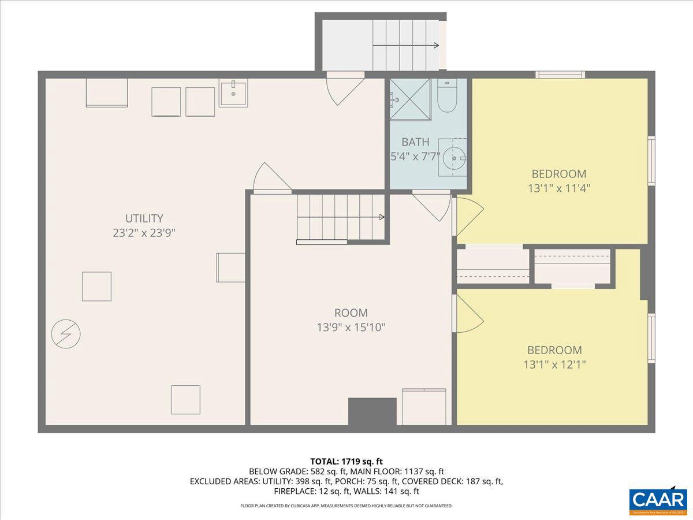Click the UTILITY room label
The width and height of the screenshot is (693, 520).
pos(144,218)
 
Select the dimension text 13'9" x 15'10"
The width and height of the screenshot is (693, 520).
pos(351,328)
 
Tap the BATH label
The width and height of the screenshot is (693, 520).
pos(415,142)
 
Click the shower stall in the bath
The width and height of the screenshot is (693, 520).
pos(410,99)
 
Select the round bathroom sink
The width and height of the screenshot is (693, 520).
pos(454,157)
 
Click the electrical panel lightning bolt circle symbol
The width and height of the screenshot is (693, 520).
pos(65,333)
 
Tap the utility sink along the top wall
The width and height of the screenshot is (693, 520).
pos(233,94)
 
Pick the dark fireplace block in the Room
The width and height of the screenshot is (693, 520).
pos(372,411)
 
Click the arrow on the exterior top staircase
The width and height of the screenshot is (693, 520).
pos(435,45)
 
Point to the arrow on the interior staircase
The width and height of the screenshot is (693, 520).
pos(381,217)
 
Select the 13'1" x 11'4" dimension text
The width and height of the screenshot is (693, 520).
pos(558,188)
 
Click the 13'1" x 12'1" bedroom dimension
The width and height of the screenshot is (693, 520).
pos(554,365)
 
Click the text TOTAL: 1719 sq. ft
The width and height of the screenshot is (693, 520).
pos(346,461)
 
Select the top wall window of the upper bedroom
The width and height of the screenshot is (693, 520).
pos(560,75)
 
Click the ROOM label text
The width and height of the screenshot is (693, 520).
pos(351,313)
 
